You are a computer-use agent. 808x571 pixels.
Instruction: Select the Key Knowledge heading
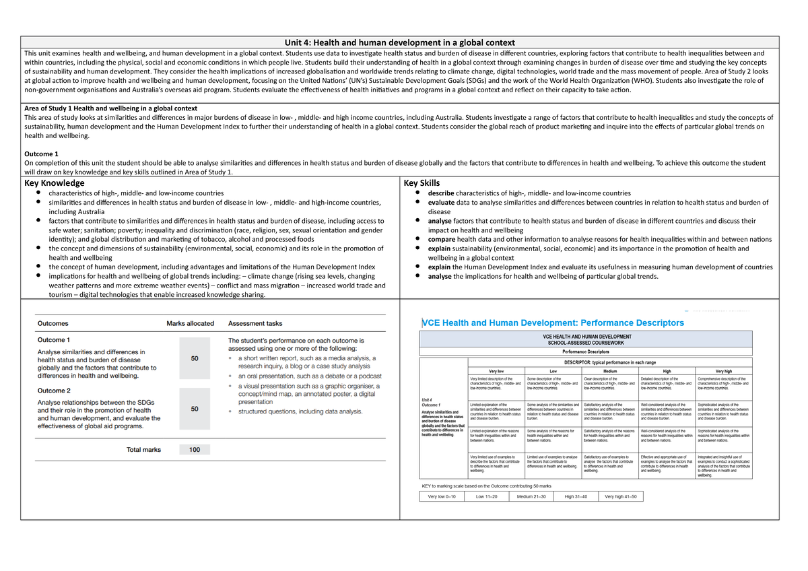coord(55,183)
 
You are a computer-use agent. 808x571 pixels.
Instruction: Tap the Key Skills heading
coord(422,183)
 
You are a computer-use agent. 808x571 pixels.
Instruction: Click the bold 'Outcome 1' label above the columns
coord(41,154)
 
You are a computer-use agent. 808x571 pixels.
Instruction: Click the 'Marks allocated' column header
coord(190,323)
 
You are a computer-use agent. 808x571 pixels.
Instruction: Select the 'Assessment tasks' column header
coord(255,323)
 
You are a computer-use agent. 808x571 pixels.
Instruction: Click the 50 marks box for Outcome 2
coord(195,409)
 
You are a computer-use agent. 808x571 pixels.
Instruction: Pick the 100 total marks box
coord(195,450)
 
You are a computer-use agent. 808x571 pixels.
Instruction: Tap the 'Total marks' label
coord(143,450)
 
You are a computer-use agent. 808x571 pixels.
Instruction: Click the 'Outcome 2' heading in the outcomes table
coord(54,391)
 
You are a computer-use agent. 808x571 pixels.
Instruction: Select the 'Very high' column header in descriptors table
coord(725,371)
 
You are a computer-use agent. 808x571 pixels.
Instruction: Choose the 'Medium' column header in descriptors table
coord(610,371)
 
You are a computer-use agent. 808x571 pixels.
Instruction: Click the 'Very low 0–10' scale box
coord(442,496)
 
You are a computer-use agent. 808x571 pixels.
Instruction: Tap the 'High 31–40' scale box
coord(576,496)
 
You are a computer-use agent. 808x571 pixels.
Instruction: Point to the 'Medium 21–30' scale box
coord(531,496)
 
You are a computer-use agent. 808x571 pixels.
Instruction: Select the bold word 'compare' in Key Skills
coord(442,239)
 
